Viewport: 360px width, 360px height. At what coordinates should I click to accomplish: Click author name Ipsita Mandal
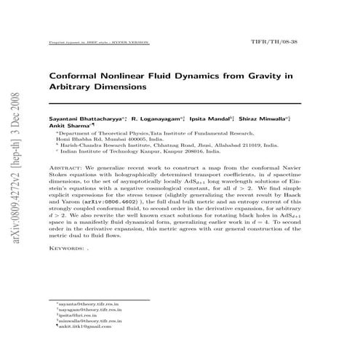(x=212, y=117)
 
